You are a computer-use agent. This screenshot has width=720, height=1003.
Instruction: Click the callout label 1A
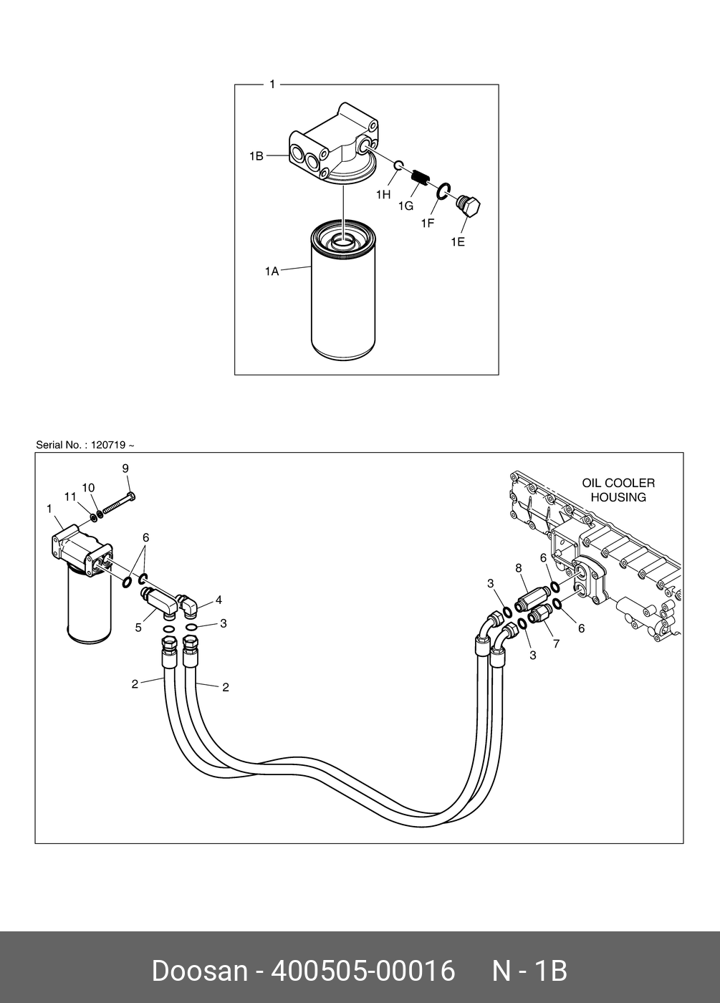click(272, 272)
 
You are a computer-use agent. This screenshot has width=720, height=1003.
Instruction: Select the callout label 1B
click(256, 155)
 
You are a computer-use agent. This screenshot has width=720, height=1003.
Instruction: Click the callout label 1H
click(383, 194)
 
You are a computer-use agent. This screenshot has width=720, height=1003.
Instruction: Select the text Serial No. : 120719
click(85, 445)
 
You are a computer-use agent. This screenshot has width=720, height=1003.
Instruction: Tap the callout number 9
click(125, 469)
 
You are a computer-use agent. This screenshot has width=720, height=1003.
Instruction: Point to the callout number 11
click(70, 496)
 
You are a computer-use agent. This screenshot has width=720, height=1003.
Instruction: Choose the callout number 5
click(138, 628)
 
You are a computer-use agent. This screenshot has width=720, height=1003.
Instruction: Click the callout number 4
click(219, 600)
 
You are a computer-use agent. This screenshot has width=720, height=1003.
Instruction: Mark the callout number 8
click(518, 568)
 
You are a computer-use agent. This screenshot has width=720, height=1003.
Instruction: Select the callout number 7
click(556, 643)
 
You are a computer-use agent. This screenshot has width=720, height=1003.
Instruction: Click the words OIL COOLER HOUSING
click(618, 490)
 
